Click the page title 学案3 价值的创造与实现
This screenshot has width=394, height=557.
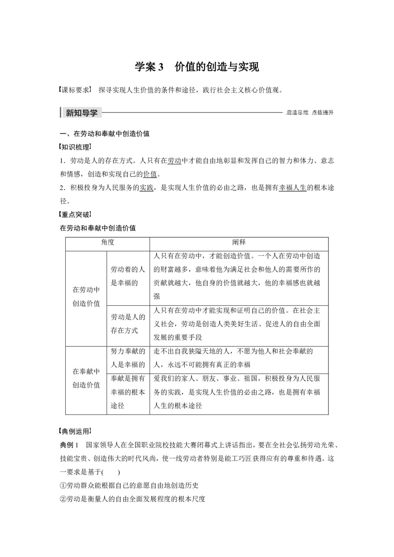click(x=197, y=67)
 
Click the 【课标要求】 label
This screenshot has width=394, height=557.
click(x=75, y=90)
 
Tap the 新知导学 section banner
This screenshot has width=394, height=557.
click(x=81, y=113)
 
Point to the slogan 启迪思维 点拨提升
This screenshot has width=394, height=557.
click(x=310, y=113)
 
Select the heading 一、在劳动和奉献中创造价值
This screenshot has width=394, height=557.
click(x=104, y=134)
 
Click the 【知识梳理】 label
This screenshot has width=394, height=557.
click(x=75, y=147)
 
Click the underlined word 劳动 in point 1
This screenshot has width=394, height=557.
click(x=174, y=161)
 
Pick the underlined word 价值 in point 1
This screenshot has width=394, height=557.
click(x=150, y=174)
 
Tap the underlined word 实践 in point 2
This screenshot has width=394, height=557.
click(x=146, y=188)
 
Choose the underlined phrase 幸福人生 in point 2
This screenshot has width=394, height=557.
click(x=292, y=188)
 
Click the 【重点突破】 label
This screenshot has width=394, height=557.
click(x=75, y=215)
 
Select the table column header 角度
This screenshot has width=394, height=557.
click(x=108, y=242)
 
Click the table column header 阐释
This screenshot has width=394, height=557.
click(x=239, y=242)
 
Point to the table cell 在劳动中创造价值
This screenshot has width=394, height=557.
click(x=86, y=297)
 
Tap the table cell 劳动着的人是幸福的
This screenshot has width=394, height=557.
click(x=128, y=276)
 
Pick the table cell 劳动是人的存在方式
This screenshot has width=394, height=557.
click(x=128, y=324)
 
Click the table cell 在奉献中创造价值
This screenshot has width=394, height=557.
click(x=86, y=378)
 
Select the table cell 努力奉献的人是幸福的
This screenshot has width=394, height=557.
click(x=128, y=358)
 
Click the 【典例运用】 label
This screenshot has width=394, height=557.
click(x=75, y=431)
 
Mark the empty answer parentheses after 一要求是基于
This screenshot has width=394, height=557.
click(x=112, y=472)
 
